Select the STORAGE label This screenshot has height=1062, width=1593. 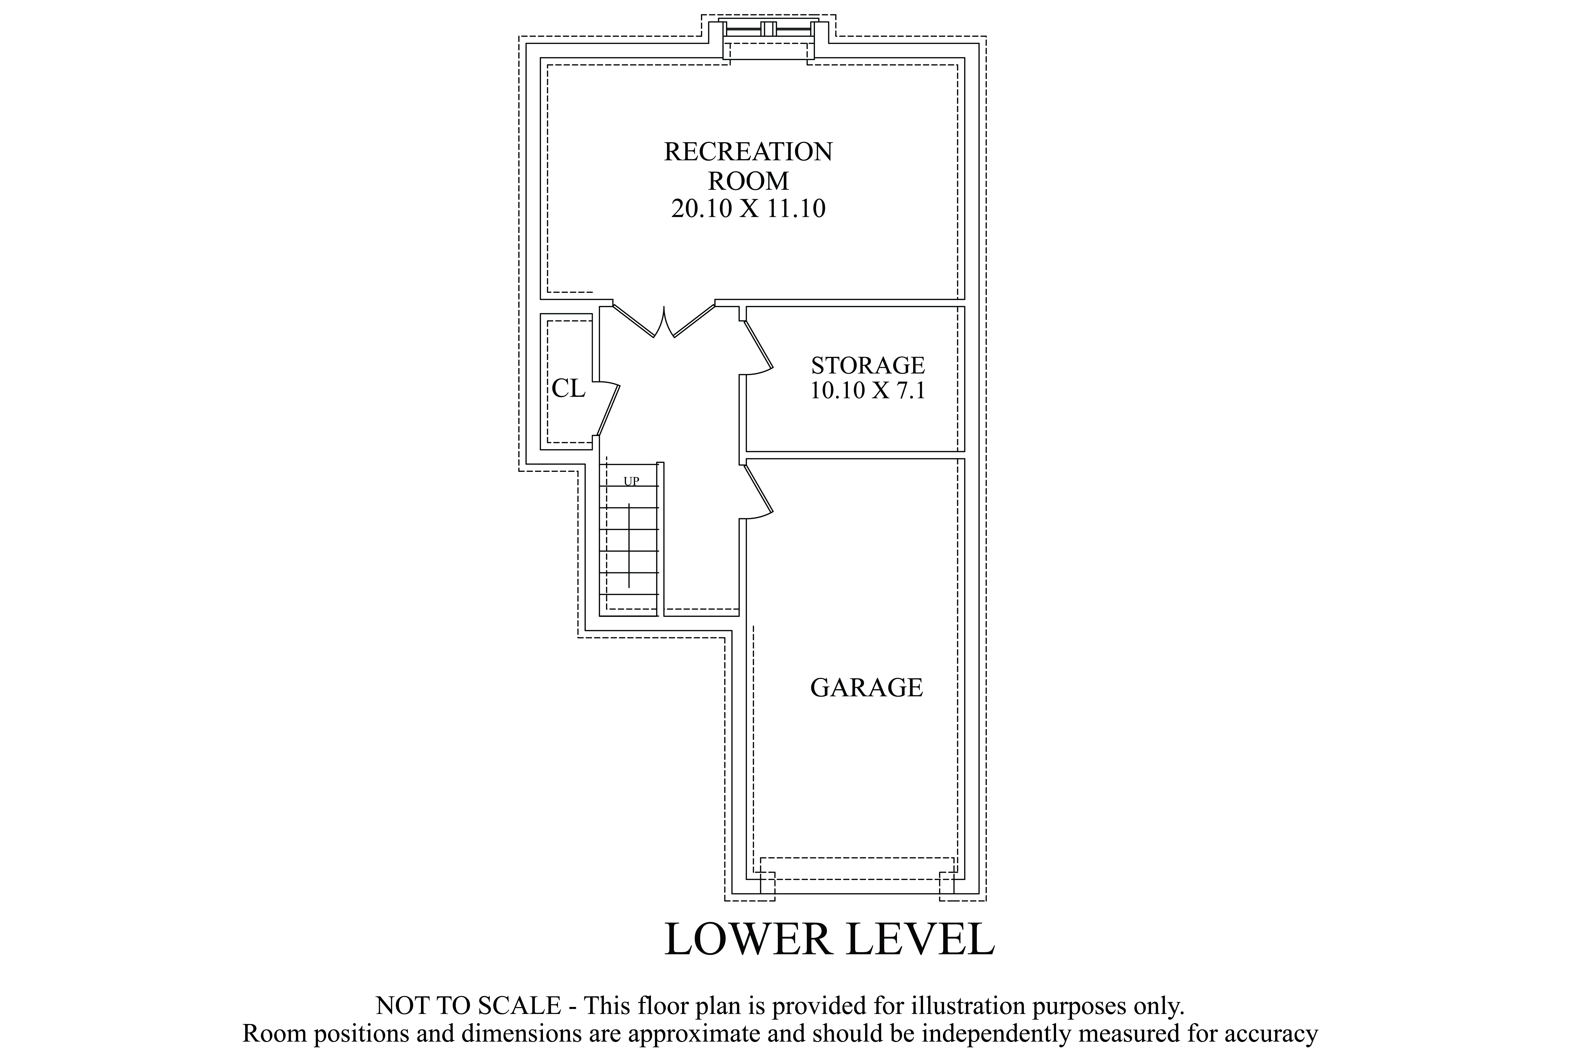pyautogui.click(x=868, y=366)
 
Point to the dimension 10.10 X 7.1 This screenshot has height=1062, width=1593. pyautogui.click(x=868, y=391)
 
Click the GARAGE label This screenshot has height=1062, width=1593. pyautogui.click(x=866, y=687)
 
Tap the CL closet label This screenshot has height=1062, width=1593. pyautogui.click(x=568, y=388)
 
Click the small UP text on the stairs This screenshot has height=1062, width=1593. pyautogui.click(x=631, y=482)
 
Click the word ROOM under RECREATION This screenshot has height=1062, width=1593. pyautogui.click(x=748, y=181)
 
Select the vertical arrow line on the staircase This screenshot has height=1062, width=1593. pyautogui.click(x=629, y=545)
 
